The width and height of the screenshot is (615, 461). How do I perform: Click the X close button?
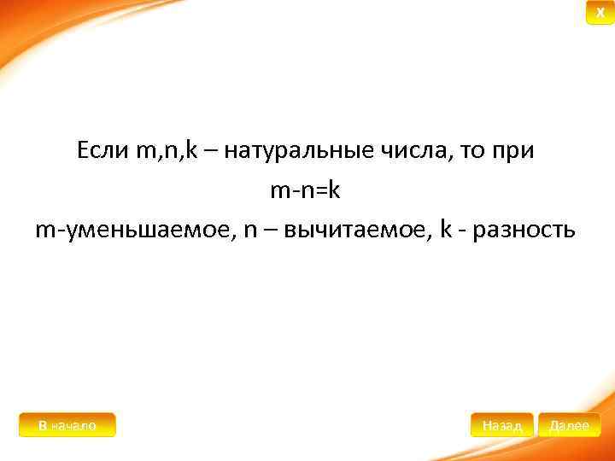(x=600, y=14)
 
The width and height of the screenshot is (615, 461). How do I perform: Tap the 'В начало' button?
(x=67, y=425)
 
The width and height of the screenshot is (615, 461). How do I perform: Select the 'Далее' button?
(x=570, y=425)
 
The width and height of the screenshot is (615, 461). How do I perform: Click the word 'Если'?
(x=102, y=151)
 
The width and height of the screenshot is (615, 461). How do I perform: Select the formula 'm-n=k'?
(x=306, y=190)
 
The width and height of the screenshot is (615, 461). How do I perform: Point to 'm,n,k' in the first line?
(x=166, y=152)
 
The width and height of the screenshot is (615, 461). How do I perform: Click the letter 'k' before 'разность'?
(x=444, y=230)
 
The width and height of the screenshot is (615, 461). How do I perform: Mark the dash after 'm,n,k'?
(x=211, y=152)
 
